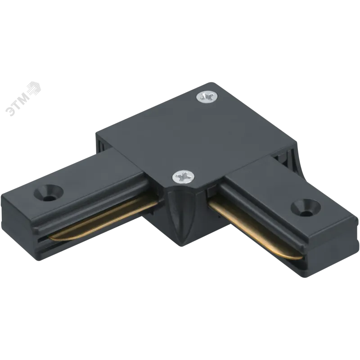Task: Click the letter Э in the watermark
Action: coord(10,111)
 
